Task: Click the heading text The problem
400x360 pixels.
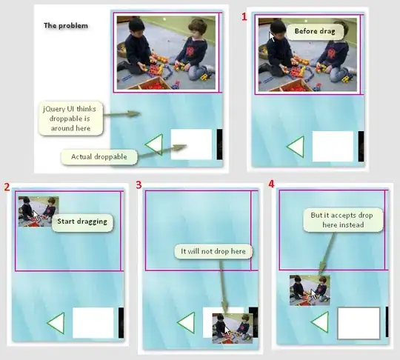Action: coord(66,25)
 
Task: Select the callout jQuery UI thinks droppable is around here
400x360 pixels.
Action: coord(70,119)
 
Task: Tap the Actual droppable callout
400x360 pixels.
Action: coord(99,156)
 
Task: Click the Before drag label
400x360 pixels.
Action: coord(315,31)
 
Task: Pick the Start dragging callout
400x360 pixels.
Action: coord(82,221)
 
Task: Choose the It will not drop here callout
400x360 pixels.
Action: coord(213,252)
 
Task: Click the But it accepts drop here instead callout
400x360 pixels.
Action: coord(343,220)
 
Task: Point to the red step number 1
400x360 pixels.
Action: coord(244,17)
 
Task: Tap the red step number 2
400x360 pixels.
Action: coord(7,187)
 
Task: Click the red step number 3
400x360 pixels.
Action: coord(139,185)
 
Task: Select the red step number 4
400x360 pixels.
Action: coord(271,184)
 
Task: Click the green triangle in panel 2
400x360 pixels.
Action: coord(56,323)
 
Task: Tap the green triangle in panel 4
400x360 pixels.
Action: coord(320,322)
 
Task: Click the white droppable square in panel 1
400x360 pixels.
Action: coord(333,146)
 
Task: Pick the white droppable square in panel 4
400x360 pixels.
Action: coord(359,323)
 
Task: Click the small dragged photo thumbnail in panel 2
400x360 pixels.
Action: coord(39,212)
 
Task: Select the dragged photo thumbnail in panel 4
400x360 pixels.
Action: coord(310,290)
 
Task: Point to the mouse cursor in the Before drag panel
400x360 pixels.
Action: coord(272,36)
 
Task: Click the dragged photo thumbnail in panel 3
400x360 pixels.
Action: coord(233,328)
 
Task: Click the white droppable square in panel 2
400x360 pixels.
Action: coord(93,322)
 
